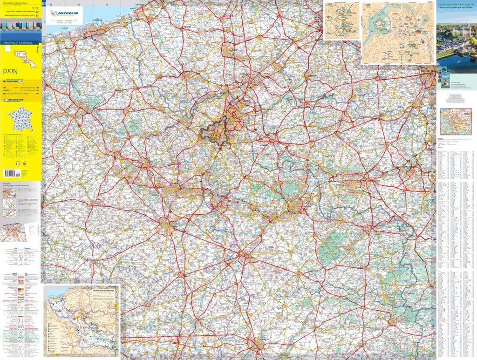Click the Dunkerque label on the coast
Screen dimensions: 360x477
click(96, 20)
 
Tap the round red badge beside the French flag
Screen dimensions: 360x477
click(24, 164)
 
